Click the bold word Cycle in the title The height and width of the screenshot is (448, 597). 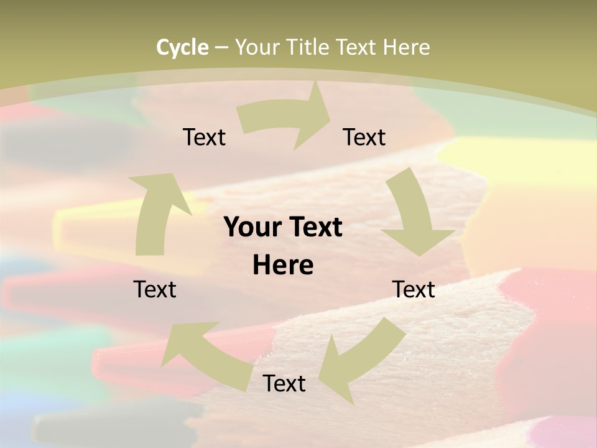point(182,47)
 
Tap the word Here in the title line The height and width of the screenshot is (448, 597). point(406,47)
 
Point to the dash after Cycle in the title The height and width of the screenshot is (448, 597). point(222,48)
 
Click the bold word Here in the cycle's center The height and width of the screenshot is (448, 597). point(283,266)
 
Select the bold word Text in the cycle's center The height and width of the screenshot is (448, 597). point(313,228)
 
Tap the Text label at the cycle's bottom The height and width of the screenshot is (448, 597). point(284,383)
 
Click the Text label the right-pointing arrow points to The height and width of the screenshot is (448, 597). point(364,137)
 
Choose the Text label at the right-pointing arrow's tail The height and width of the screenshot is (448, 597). point(204,137)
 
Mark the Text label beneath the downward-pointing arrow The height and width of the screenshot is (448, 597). point(414,289)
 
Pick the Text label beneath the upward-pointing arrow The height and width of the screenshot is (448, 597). point(155,289)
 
